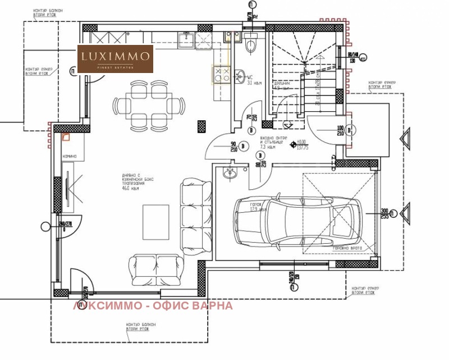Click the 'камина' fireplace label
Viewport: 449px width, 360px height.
70,156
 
